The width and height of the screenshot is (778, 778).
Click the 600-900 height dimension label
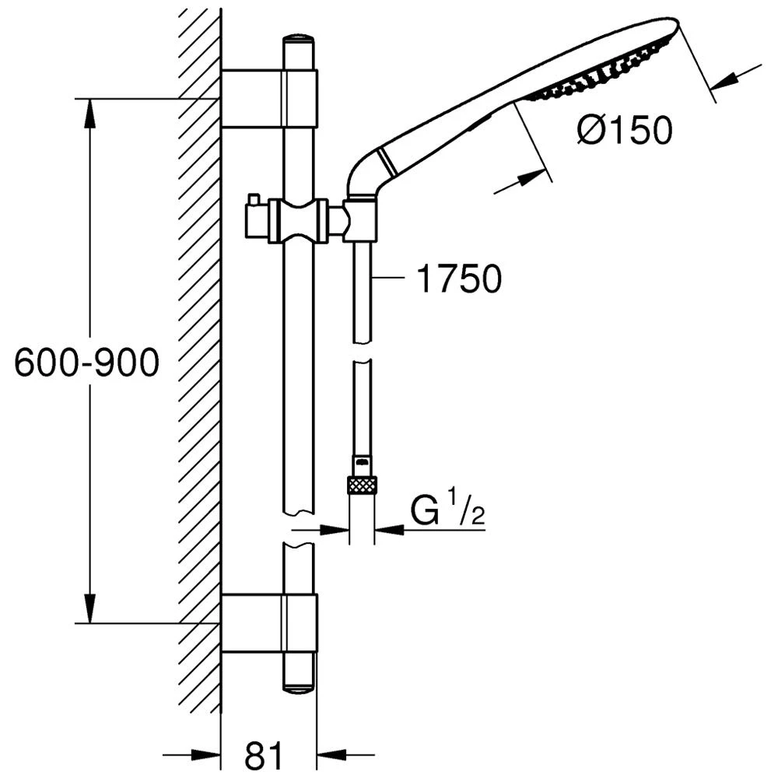87,362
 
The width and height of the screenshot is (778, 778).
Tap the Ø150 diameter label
626,131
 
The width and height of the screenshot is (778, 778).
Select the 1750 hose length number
459,279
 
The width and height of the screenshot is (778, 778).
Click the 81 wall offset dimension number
263,755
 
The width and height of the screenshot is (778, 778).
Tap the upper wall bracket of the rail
269,98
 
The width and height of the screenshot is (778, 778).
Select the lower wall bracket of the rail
269,622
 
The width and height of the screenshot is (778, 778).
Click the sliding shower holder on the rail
298,221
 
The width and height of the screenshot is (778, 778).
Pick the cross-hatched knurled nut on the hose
363,485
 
